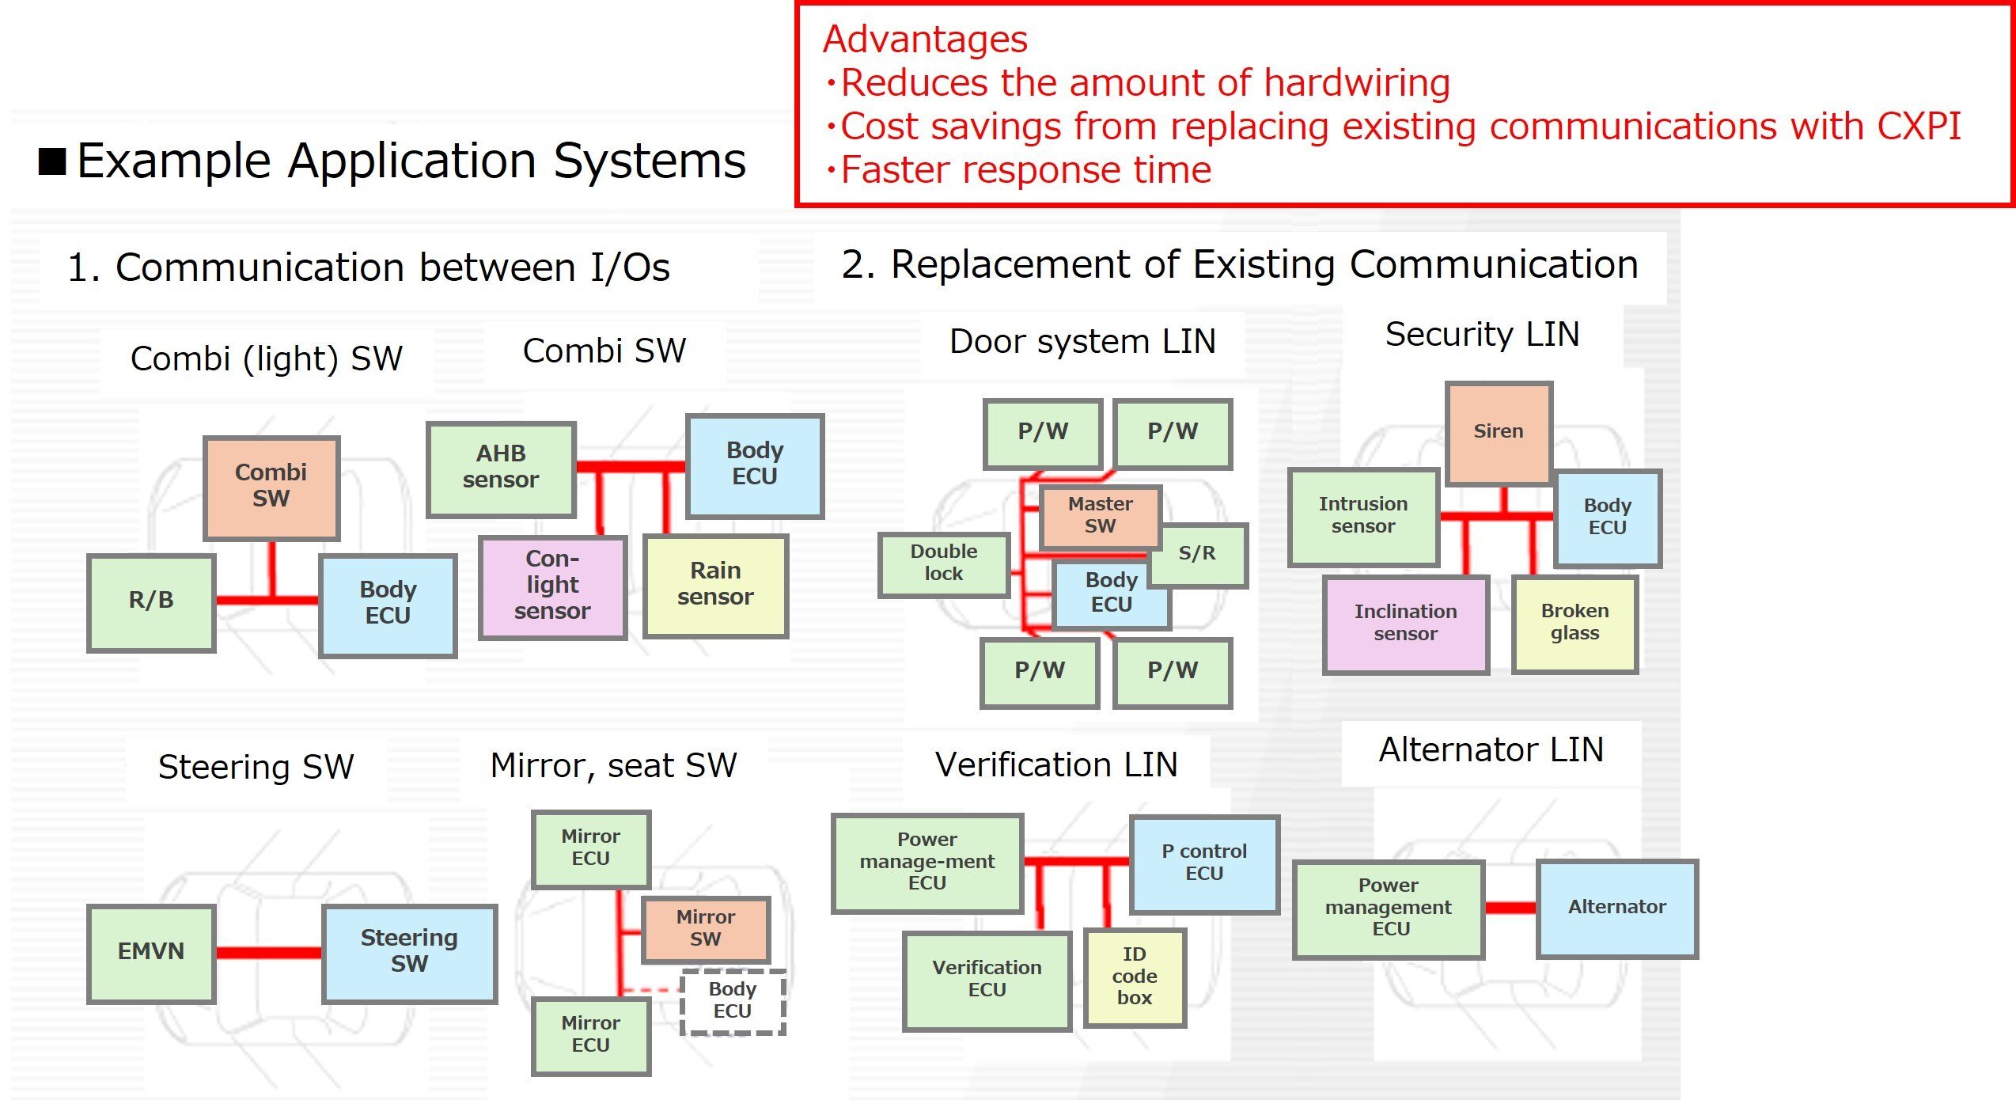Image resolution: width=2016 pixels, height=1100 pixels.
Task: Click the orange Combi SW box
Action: tap(271, 487)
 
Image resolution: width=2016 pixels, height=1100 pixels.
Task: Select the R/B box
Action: tap(151, 601)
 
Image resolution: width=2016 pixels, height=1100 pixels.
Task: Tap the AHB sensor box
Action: tap(501, 468)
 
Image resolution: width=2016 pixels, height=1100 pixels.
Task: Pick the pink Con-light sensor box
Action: tap(552, 586)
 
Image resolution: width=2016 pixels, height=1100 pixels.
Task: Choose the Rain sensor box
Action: tap(715, 585)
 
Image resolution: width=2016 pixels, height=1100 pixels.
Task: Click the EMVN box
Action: tap(151, 952)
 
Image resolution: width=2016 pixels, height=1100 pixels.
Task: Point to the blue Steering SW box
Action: tap(409, 952)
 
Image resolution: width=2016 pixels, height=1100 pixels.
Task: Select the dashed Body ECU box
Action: tap(733, 1001)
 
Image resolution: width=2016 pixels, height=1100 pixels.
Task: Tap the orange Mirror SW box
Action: tap(705, 928)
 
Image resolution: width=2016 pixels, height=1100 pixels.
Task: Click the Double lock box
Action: tap(943, 563)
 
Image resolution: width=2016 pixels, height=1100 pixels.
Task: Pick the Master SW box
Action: tap(1100, 516)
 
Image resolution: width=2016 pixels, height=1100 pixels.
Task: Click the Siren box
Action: tap(1498, 432)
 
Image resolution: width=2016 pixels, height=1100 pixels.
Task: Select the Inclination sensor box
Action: tap(1405, 624)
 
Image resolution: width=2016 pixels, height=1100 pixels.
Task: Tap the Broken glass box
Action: tap(1575, 624)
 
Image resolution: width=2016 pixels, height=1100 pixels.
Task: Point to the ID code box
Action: tap(1134, 977)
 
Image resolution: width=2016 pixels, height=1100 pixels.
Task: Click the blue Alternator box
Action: tap(1616, 908)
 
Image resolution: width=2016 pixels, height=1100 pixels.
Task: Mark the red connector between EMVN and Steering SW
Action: tap(268, 952)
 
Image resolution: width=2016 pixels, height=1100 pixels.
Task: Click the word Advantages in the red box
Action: tap(925, 40)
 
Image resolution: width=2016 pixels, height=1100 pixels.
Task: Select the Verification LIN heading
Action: tap(1056, 765)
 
